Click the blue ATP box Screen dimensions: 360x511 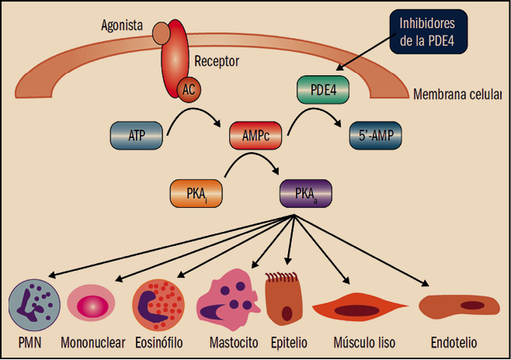pos(136,135)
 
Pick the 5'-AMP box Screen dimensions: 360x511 pos(377,135)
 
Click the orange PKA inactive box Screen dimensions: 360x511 pos(196,193)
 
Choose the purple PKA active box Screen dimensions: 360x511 pos(305,193)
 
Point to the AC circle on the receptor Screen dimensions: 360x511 pos(189,89)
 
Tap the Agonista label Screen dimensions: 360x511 pos(123,25)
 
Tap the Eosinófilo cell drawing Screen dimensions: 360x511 pos(159,305)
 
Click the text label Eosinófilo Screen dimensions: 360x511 pos(159,342)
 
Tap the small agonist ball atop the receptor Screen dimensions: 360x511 pos(161,33)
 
